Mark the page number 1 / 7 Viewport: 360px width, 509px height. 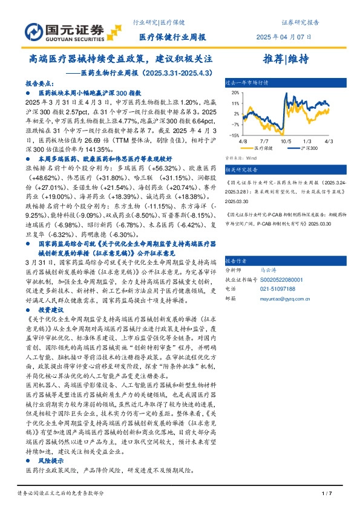[327, 494]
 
